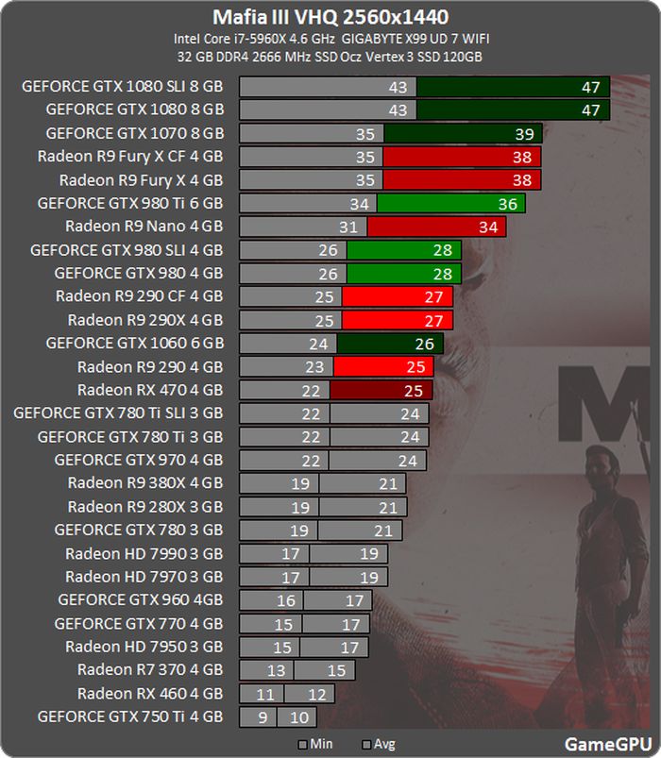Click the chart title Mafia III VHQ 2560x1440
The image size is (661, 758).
click(330, 17)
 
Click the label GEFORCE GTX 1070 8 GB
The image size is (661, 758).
click(134, 133)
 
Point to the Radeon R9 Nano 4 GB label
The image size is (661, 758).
click(144, 227)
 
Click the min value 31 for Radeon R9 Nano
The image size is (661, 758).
click(347, 227)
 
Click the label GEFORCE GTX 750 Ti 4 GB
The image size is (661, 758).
click(130, 716)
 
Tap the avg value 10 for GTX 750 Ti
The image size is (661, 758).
click(299, 716)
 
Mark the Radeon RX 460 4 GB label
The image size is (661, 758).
click(150, 694)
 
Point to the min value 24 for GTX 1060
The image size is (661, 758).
click(316, 344)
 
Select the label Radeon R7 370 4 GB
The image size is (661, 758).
click(150, 670)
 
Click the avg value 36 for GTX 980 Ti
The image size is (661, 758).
click(508, 203)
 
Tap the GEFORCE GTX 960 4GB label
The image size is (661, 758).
click(140, 599)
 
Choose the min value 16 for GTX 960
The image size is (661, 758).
click(286, 600)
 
